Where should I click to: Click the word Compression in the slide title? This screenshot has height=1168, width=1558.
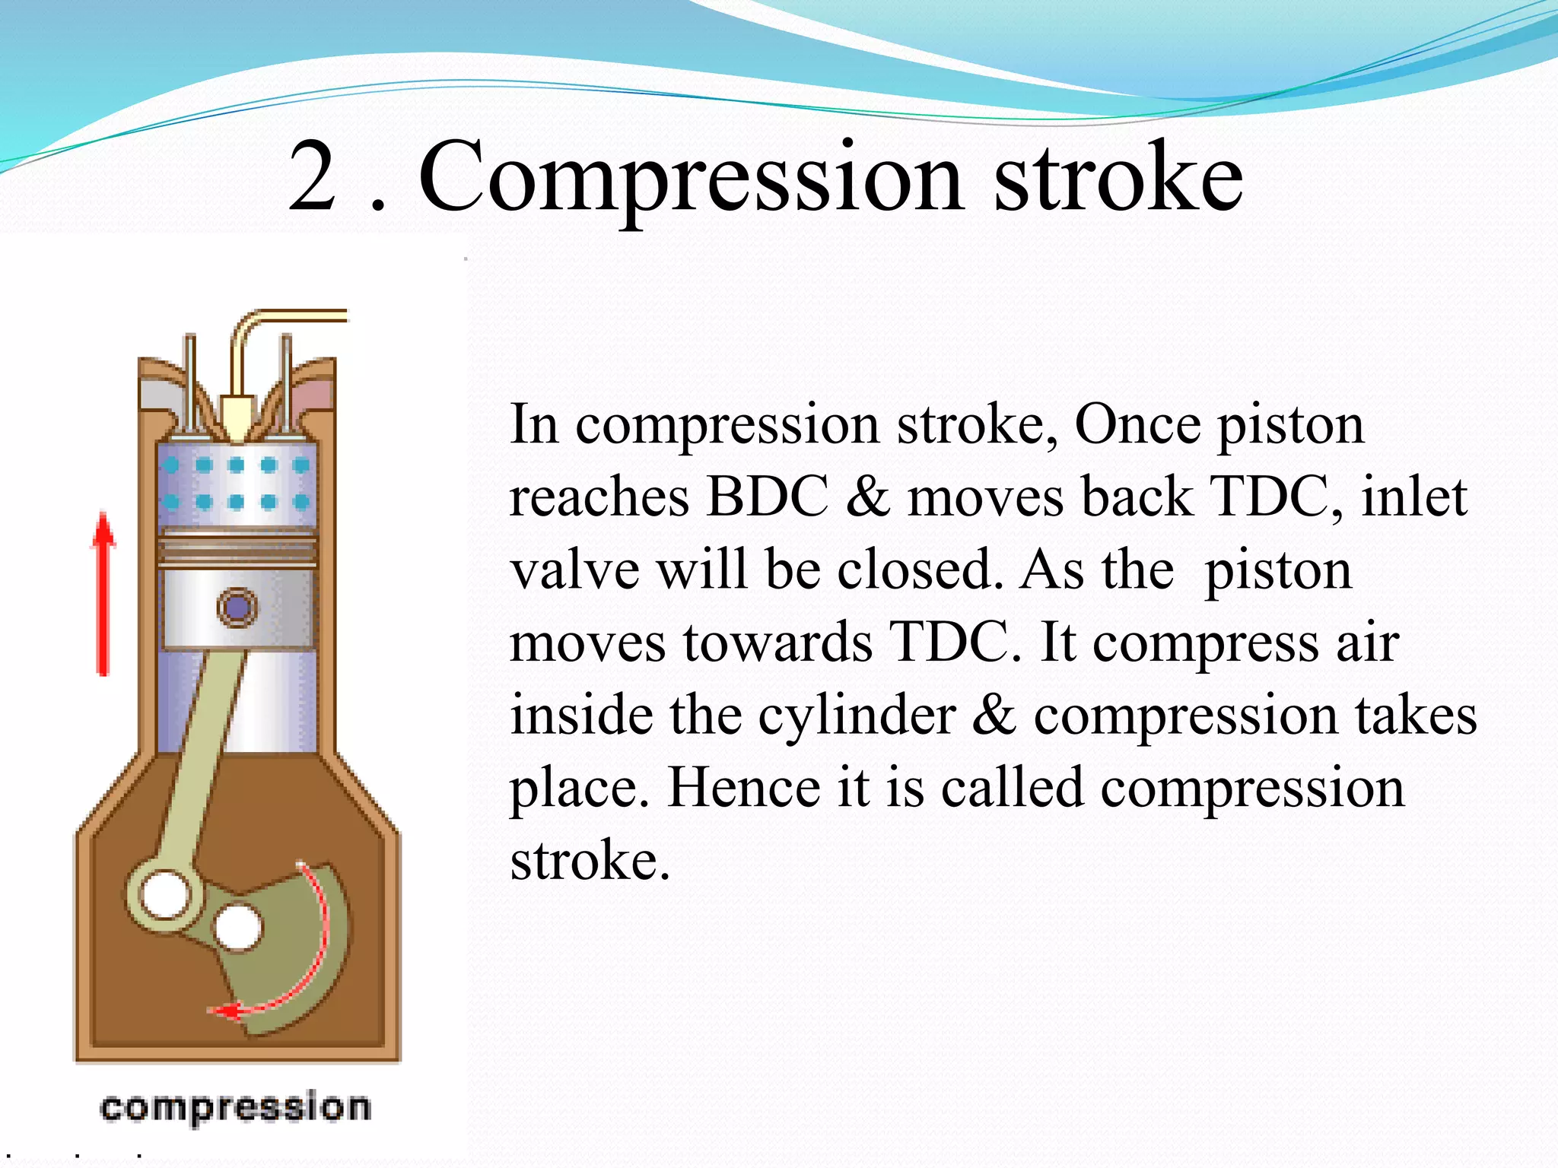pyautogui.click(x=692, y=177)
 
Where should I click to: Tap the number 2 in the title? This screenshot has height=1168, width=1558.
pyautogui.click(x=313, y=177)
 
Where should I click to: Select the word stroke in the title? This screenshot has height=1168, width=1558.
pyautogui.click(x=1118, y=177)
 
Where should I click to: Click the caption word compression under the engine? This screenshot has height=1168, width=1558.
pyautogui.click(x=235, y=1107)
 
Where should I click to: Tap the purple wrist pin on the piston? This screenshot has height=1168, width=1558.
pyautogui.click(x=237, y=608)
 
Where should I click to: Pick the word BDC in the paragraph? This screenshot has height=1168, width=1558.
pyautogui.click(x=766, y=497)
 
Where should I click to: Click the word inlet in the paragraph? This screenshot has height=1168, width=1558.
pyautogui.click(x=1413, y=497)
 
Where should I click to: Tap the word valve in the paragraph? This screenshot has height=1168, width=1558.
pyautogui.click(x=574, y=570)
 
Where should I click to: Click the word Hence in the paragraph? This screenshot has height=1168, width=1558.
pyautogui.click(x=743, y=788)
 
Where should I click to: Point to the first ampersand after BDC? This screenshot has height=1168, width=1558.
pyautogui.click(x=867, y=497)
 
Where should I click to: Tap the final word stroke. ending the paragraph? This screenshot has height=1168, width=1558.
pyautogui.click(x=590, y=861)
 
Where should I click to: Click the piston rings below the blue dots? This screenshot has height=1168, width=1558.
pyautogui.click(x=237, y=548)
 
